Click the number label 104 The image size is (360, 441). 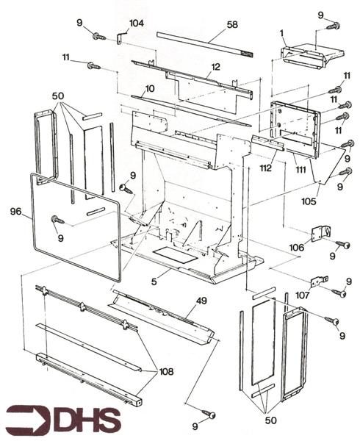tap(137, 24)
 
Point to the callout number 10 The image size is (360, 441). tap(149, 89)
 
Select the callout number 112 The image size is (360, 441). tap(265, 167)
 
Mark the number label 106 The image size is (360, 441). tap(298, 247)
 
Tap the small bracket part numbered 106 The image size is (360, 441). tap(320, 234)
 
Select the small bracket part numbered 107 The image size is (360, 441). tap(319, 282)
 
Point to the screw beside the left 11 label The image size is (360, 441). tap(94, 66)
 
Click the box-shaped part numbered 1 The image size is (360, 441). tap(305, 54)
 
